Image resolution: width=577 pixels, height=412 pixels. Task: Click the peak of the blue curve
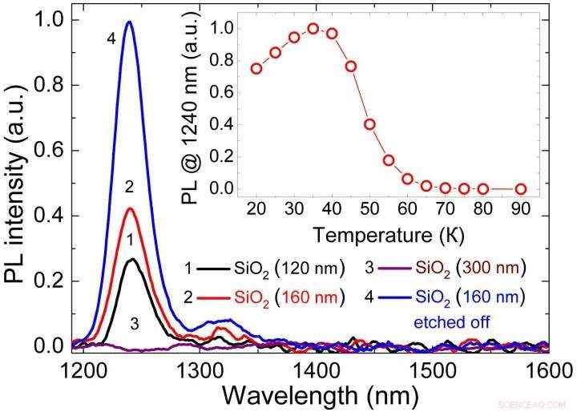click(128, 22)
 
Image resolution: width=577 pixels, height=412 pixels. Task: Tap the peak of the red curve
click(129, 209)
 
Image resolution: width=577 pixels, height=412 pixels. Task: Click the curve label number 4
click(111, 37)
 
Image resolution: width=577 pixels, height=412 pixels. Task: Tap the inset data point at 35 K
click(313, 29)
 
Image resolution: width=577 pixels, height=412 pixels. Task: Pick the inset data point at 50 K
click(369, 124)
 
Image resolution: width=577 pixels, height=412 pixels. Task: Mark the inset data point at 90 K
click(521, 189)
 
